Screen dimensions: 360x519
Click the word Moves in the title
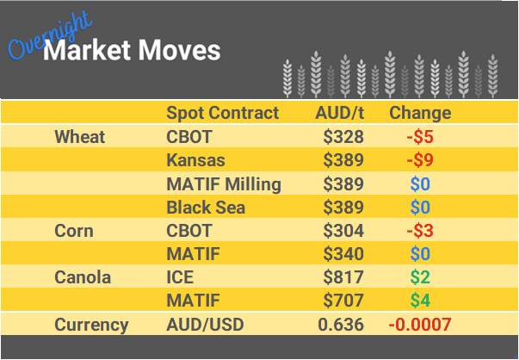pyautogui.click(x=182, y=52)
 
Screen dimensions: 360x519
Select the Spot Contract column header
pyautogui.click(x=222, y=113)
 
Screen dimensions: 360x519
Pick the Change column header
pyautogui.click(x=420, y=113)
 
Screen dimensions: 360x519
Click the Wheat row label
pyautogui.click(x=79, y=137)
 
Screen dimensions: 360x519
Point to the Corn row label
pyautogui.click(x=74, y=231)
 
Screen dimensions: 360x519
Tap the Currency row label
pyautogui.click(x=91, y=325)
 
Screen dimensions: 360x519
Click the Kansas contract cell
pyautogui.click(x=195, y=160)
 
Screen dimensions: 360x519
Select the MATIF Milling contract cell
pyautogui.click(x=224, y=183)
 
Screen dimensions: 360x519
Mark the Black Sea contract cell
pyautogui.click(x=206, y=207)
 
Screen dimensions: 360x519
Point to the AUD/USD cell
pyautogui.click(x=206, y=325)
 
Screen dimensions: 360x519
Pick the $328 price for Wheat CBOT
pyautogui.click(x=344, y=137)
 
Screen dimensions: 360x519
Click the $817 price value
pyautogui.click(x=344, y=277)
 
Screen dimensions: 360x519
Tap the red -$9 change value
pyautogui.click(x=419, y=160)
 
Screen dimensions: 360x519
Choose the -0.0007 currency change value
pyautogui.click(x=420, y=325)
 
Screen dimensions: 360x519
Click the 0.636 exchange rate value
pyautogui.click(x=340, y=325)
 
